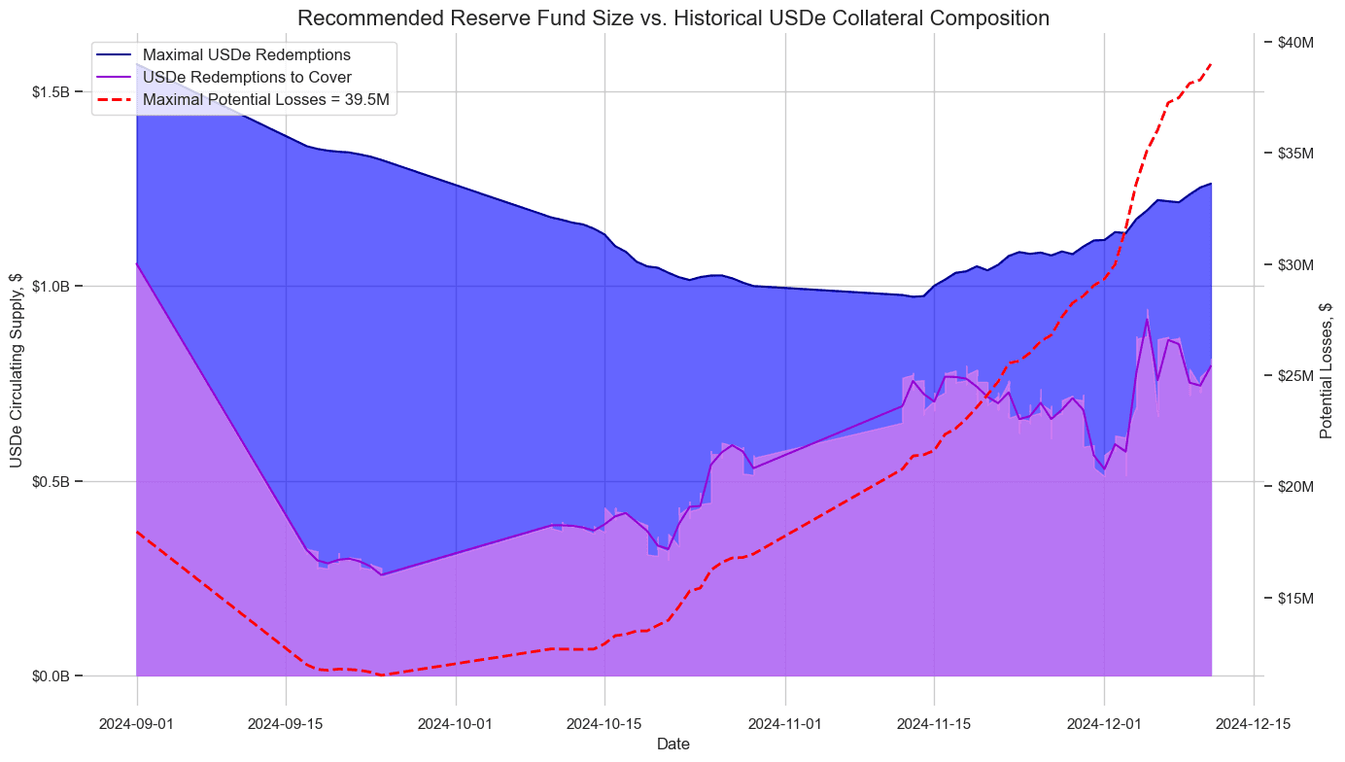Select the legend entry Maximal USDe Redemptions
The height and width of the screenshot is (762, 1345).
pos(246,54)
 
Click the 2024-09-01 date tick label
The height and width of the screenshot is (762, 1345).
pos(137,723)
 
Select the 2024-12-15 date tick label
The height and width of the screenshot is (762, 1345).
pos(1253,723)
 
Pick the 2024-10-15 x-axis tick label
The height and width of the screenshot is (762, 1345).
pos(604,723)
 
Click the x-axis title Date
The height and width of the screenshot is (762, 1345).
pos(673,745)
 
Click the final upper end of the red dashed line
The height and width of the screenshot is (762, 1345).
pos(1211,64)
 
